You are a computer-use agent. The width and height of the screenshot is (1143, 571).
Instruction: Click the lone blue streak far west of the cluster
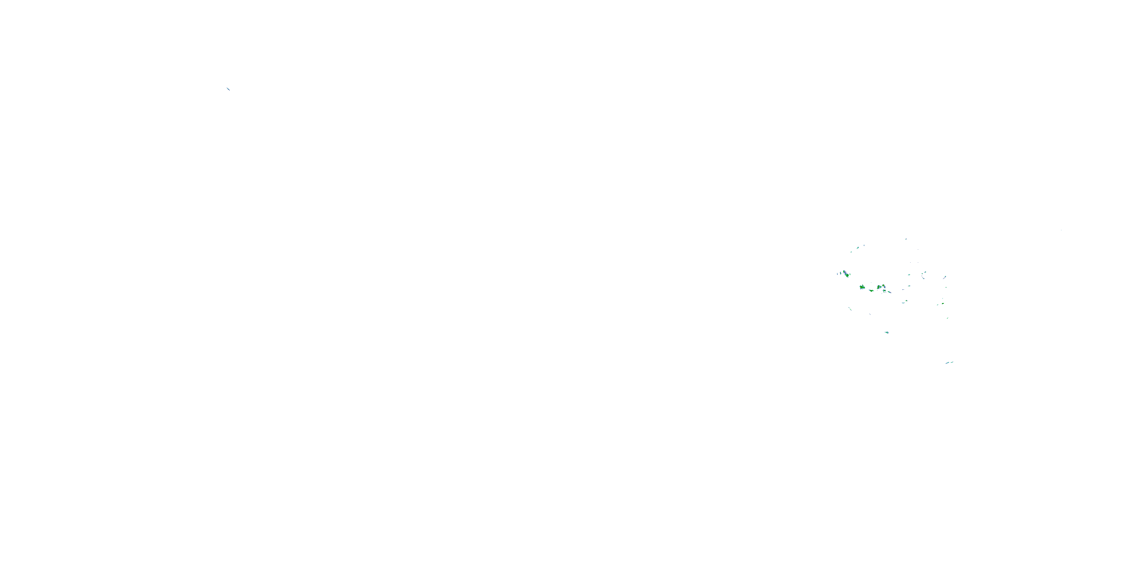point(228,89)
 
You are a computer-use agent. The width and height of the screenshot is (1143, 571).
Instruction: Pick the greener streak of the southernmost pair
point(952,362)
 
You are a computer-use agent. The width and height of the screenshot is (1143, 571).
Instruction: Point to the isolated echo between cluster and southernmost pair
point(887,332)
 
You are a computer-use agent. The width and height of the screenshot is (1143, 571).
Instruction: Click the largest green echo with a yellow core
point(862,287)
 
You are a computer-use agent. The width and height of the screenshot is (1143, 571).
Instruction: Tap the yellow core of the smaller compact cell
point(884,285)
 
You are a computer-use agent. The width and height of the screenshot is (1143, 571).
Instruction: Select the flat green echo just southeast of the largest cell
point(871,291)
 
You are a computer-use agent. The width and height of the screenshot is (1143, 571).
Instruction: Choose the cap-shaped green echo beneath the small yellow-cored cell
point(884,291)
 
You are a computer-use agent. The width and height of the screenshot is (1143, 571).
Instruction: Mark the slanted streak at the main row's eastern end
point(890,292)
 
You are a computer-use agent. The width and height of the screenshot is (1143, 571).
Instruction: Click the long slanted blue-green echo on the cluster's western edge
point(846,274)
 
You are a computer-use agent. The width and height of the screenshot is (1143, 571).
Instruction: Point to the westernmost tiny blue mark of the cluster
point(837,274)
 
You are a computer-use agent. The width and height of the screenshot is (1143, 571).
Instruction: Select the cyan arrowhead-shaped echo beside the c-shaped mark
point(858,248)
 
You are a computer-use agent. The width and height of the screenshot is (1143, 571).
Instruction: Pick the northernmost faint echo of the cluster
point(906,239)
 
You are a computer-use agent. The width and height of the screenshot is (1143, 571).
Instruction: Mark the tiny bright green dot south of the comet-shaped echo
point(946,288)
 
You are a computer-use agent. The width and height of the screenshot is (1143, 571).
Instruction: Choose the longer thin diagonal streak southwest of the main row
point(850,309)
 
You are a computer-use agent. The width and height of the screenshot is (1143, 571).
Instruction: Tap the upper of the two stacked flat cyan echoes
point(909,275)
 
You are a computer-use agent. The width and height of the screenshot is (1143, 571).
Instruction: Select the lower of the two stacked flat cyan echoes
point(909,286)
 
